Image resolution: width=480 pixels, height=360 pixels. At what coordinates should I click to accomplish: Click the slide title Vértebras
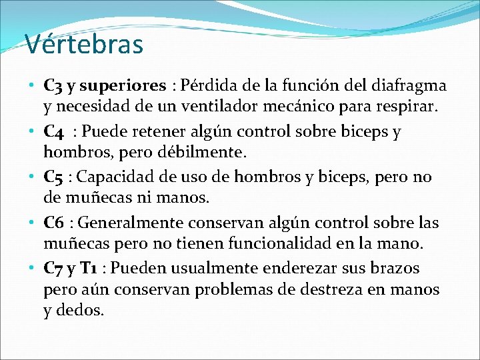84,45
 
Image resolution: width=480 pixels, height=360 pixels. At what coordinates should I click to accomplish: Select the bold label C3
53,86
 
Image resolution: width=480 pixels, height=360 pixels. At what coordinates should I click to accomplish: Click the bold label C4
53,131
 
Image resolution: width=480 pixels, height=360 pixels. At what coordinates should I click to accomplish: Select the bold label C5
53,177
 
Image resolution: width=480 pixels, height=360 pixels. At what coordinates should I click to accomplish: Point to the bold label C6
53,223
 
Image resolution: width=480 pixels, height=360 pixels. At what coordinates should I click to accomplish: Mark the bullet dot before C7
33,268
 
